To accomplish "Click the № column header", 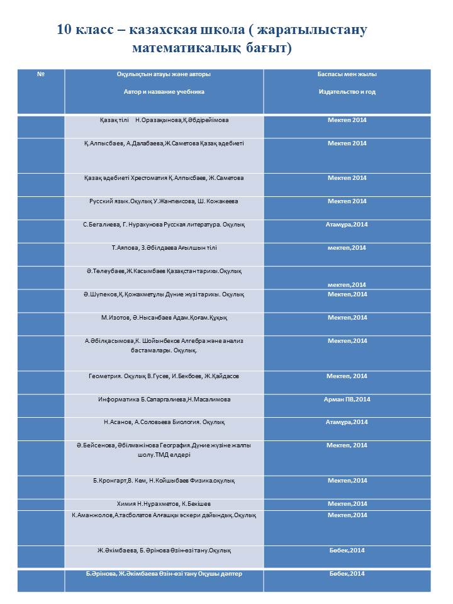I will (40, 74).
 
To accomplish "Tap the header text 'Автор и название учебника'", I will (164, 92).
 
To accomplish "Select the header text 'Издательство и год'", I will (347, 92).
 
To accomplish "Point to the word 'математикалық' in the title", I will (182, 48).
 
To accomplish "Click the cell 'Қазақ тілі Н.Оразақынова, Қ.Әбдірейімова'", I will (164, 120).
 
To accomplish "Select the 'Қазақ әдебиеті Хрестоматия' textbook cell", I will (164, 178).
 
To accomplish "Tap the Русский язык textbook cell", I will (164, 201).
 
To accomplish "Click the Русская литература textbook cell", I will (164, 225).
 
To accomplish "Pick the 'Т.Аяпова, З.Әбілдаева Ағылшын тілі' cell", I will (164, 248).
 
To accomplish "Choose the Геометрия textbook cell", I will (164, 376).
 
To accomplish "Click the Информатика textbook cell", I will (164, 400).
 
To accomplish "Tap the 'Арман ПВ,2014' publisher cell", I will (347, 400).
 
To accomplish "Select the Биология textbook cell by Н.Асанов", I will (164, 422).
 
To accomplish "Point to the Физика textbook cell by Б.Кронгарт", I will (164, 481).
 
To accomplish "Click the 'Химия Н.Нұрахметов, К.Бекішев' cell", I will (164, 504).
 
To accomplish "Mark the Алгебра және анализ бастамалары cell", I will (164, 345).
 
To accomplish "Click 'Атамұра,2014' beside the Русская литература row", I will (347, 225).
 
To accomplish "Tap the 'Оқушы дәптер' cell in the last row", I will (164, 574).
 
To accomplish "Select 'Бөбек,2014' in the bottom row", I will (347, 574).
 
